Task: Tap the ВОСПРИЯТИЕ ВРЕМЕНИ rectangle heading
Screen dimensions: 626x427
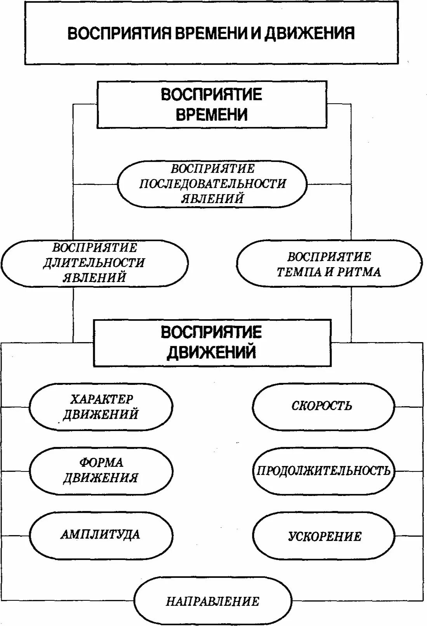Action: (x=212, y=104)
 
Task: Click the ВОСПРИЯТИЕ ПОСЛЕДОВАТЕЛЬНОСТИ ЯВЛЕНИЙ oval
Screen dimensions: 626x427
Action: (x=212, y=184)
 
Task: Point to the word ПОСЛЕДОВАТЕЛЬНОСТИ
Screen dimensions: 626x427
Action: (x=212, y=184)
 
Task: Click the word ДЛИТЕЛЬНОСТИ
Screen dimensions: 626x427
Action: (x=94, y=263)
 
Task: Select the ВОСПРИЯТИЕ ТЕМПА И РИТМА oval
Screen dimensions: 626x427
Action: (x=329, y=264)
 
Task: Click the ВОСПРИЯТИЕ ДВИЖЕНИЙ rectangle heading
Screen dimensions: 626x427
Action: (x=212, y=343)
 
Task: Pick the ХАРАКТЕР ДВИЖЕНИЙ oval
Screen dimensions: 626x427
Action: (x=101, y=407)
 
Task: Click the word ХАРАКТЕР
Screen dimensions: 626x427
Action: (x=102, y=399)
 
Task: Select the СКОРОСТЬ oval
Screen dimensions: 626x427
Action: (x=323, y=406)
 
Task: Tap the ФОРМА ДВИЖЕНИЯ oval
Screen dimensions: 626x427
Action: (x=101, y=471)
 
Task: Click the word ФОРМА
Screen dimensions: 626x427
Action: (x=101, y=463)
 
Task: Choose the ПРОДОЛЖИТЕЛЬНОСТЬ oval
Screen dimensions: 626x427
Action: (x=323, y=471)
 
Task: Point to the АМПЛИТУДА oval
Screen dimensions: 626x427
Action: (x=101, y=535)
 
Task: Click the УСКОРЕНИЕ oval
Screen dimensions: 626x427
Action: (x=323, y=536)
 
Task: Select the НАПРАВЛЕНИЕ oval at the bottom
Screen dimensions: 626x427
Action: (x=212, y=601)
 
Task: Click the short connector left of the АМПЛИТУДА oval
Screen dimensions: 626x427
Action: (x=16, y=536)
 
